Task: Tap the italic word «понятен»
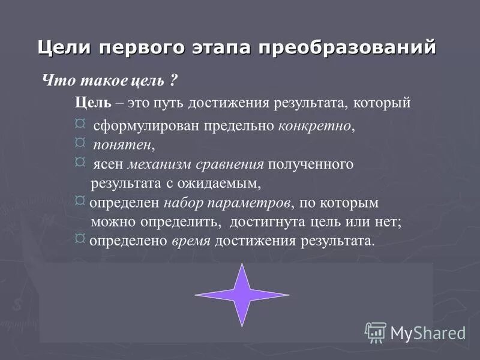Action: click(122, 145)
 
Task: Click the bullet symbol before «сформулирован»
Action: click(80, 124)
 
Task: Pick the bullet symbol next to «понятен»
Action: click(80, 142)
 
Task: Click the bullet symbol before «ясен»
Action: click(80, 161)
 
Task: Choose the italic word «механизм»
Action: click(157, 164)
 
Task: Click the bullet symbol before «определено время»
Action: click(80, 239)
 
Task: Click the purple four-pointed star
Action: click(242, 294)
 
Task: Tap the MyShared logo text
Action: click(428, 332)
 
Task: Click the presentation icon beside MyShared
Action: click(376, 332)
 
